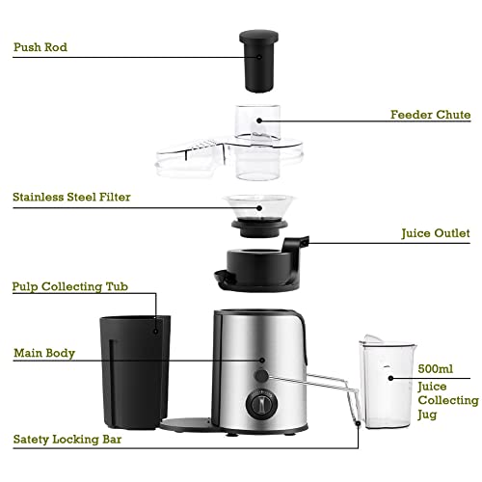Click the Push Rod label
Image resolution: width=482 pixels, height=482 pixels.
[x=40, y=45]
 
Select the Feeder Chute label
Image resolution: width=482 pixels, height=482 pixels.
[x=430, y=114]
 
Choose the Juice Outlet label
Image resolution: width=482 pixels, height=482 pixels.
[x=435, y=233]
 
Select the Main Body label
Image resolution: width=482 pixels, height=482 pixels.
[x=43, y=354]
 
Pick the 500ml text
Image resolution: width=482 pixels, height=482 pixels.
[x=436, y=369]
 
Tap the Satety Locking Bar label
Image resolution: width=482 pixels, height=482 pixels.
[x=80, y=439]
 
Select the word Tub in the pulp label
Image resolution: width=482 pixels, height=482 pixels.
[x=143, y=286]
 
